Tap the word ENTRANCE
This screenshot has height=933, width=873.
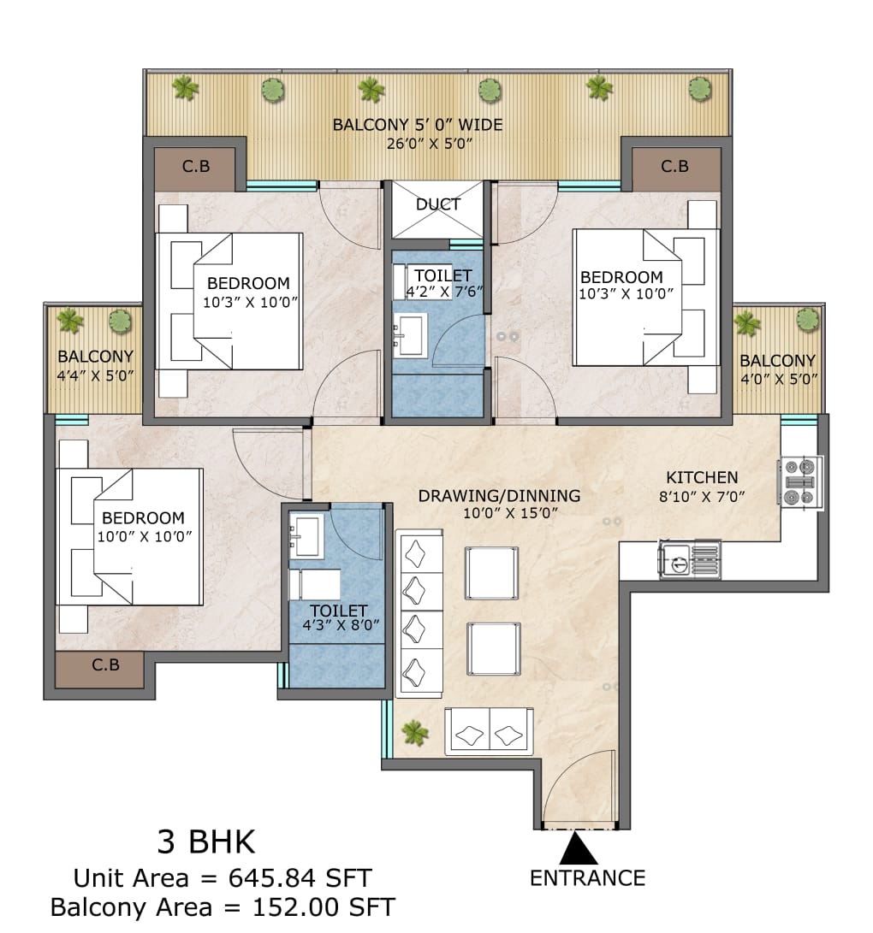coord(587,877)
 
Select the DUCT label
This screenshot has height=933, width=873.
coord(438,204)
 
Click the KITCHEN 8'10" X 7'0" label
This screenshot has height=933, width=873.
coord(702,486)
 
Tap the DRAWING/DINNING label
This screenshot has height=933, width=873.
coord(499,504)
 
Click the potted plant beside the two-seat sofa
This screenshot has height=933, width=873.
coord(415,732)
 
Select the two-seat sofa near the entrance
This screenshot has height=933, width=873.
coord(489,732)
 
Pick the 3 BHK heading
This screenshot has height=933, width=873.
coord(205,842)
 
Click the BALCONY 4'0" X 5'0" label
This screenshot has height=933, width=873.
coord(777,369)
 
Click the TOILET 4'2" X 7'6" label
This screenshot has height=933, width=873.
coord(442,282)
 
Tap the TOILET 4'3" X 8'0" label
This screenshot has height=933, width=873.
coord(339,617)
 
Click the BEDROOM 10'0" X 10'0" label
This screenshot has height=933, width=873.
coord(143,526)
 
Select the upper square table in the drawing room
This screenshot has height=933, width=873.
coord(491,573)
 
